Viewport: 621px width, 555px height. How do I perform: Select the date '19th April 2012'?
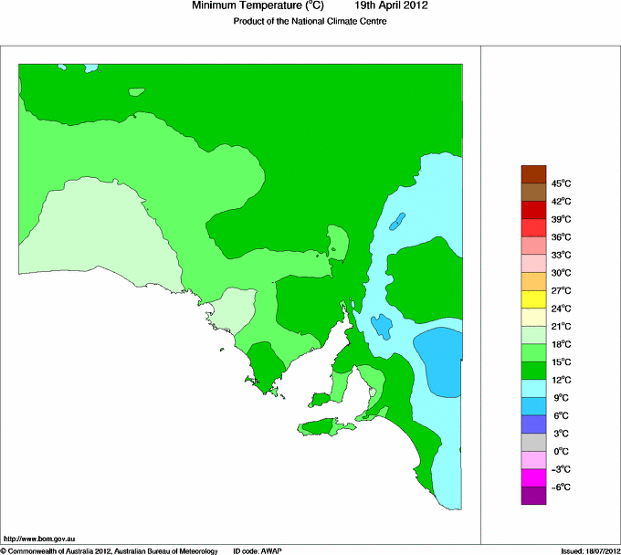tap(392, 5)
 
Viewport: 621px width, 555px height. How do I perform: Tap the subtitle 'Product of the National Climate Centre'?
tap(310, 21)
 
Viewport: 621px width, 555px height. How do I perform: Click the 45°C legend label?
tap(561, 183)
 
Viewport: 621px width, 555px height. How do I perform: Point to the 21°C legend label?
tap(561, 326)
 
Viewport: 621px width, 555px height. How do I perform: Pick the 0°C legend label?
tap(561, 451)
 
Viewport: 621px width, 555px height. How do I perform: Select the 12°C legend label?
tap(561, 380)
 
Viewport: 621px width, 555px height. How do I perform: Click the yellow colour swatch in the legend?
tap(533, 299)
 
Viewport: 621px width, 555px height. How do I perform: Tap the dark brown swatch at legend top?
tap(533, 174)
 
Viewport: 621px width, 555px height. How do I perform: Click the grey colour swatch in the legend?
tap(533, 442)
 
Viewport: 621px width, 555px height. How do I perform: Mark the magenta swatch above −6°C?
tap(533, 477)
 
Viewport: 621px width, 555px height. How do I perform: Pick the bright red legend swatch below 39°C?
tap(533, 228)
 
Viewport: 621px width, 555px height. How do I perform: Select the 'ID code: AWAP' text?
tap(258, 550)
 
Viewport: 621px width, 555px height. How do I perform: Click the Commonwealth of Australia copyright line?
tap(110, 550)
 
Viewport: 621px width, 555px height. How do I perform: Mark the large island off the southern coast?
tap(321, 426)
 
